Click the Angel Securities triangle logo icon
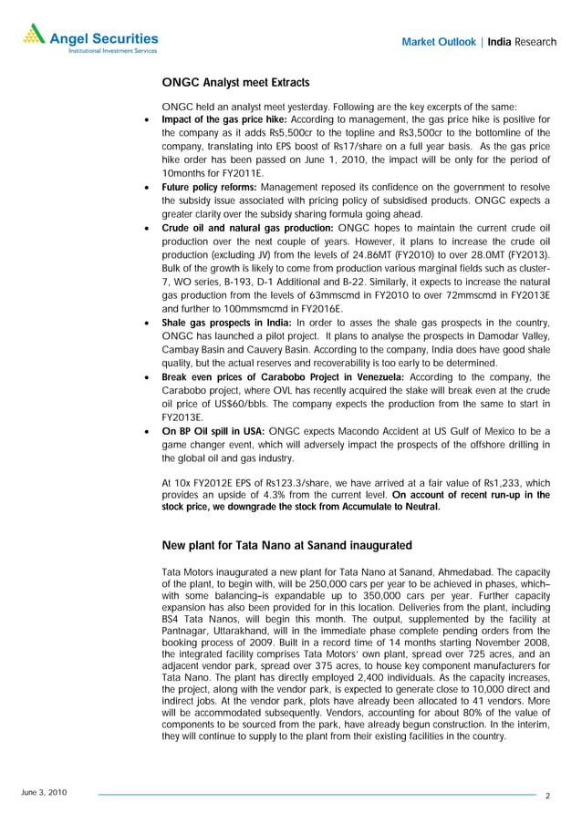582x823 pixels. click(34, 34)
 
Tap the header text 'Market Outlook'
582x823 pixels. click(439, 42)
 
